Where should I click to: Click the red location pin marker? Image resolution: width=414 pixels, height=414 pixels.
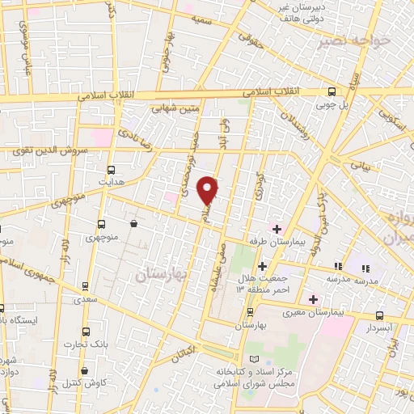coord(209,189)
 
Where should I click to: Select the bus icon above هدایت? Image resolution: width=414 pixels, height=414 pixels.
coord(112,171)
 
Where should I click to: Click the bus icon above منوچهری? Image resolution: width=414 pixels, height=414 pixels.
coord(101,224)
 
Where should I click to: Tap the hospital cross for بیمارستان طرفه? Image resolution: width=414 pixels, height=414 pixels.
coord(277,230)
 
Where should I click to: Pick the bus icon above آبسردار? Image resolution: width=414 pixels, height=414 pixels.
coord(380,316)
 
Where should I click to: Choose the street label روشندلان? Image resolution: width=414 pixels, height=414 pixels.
coord(294,122)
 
